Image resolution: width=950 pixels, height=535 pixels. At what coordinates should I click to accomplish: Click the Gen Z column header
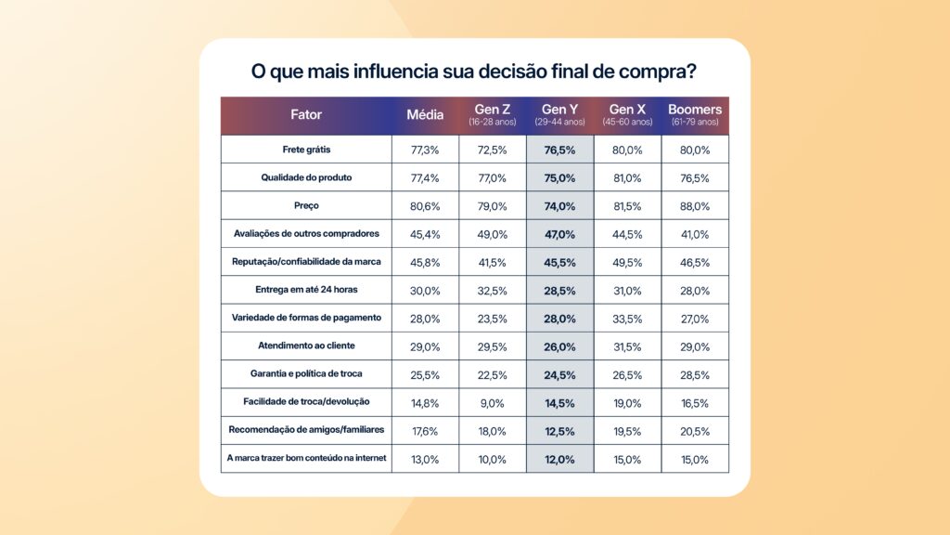pos(493,115)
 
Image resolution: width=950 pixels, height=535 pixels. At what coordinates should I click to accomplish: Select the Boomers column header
pos(695,115)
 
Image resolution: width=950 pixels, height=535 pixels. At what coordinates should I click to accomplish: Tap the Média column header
pos(425,115)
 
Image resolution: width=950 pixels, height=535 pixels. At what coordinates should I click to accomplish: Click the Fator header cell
pos(306,115)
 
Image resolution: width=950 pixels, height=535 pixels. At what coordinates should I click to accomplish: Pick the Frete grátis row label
pos(306,150)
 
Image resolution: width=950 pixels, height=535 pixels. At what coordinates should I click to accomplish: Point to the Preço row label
pos(306,206)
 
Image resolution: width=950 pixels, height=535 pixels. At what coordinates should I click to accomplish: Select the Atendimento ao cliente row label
pos(306,346)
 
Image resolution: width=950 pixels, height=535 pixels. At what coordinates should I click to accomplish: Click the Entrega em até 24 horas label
pos(306,290)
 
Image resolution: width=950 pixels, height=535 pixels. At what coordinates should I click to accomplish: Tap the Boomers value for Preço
pos(695,206)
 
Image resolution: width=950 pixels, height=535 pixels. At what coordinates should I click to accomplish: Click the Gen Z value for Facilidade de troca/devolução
pos(493,402)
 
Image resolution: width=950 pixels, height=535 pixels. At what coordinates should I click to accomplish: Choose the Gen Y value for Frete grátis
pos(560,150)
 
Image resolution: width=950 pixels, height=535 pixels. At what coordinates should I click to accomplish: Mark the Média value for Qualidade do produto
pos(425,177)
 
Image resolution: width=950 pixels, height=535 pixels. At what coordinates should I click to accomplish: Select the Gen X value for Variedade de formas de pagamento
pos(627,318)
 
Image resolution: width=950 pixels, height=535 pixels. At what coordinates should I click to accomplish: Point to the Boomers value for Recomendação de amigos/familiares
pos(695,430)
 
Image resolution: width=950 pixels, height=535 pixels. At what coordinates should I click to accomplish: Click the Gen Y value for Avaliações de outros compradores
pos(560,234)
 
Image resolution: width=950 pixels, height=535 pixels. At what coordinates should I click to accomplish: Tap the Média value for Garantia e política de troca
pos(425,374)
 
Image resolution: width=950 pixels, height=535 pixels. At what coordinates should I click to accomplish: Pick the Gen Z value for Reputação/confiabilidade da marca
pos(493,262)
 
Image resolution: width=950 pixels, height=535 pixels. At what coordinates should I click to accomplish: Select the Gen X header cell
pos(627,115)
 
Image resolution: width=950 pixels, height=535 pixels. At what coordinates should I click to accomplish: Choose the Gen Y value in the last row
pos(560,459)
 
